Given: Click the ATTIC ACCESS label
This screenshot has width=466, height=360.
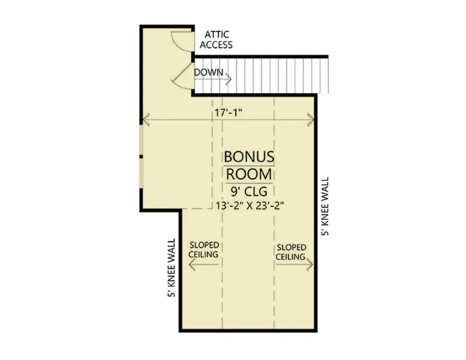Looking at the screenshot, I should (216, 40).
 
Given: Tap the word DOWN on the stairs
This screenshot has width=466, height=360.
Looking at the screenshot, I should (209, 72).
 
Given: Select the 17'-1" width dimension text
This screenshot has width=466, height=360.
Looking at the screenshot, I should (228, 113).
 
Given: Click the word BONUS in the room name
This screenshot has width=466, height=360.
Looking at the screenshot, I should (249, 157).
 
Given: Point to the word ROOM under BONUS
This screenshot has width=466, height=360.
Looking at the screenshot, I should (249, 174).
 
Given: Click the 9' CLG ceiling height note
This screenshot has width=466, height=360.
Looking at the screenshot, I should (248, 191).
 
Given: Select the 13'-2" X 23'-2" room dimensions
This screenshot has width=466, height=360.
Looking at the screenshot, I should (250, 205).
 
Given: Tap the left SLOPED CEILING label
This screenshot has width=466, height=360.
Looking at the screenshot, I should (203, 250).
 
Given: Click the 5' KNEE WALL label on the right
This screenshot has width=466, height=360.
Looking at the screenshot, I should (325, 206).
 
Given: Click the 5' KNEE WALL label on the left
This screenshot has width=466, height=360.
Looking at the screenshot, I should (172, 268).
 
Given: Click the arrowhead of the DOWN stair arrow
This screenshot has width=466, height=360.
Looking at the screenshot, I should (228, 79).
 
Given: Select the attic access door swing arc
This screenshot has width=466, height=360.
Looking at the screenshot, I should (181, 41).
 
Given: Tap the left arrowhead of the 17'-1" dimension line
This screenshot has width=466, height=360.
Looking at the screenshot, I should (146, 120).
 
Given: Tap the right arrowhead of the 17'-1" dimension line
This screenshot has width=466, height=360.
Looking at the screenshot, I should (311, 120).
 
